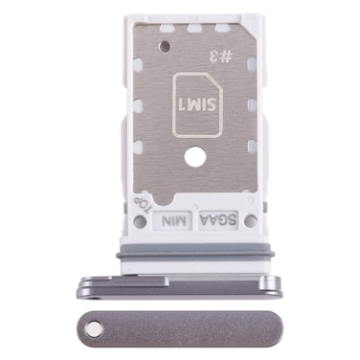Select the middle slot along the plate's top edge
pos(199,30)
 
